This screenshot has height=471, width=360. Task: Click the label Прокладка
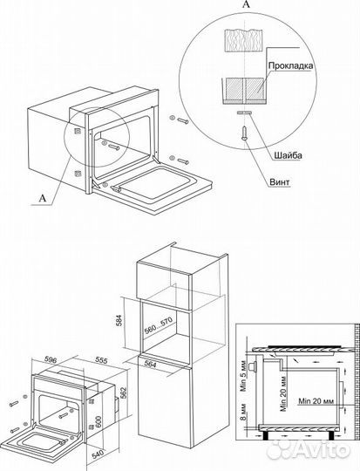pos(290,65)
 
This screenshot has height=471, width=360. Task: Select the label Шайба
pos(288,155)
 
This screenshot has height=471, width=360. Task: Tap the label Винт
pos(279,181)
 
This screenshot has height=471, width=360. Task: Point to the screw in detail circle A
pos(244,133)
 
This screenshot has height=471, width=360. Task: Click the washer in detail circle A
pos(244,113)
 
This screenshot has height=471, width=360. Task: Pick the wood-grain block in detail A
pos(244,41)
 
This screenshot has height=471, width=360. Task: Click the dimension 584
pos(119,321)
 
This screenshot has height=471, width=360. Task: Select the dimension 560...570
pos(158,326)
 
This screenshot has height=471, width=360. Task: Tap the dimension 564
pos(149,363)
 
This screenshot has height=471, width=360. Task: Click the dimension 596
pos(51,359)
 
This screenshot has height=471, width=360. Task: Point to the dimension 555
pos(101,360)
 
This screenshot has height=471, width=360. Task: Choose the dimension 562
pos(125,392)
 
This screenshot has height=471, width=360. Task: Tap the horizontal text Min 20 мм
pos(316,400)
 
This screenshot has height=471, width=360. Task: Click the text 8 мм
pos(243,412)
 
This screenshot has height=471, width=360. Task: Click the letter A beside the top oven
pos(44,199)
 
